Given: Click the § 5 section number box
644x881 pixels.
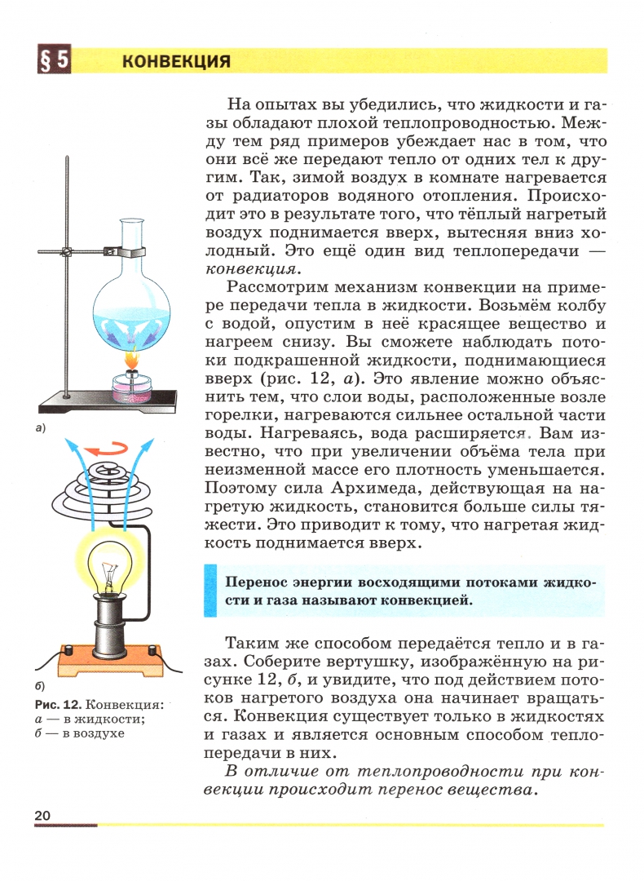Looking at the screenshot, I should click(x=52, y=62).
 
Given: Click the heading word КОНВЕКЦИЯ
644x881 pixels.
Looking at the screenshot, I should click(x=176, y=62).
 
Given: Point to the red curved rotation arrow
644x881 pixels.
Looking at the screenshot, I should click(x=108, y=448).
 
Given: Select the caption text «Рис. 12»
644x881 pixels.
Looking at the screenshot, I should click(x=55, y=704).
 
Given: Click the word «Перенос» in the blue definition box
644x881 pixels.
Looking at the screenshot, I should click(x=249, y=582).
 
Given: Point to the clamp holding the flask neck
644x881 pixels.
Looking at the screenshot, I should click(x=130, y=249).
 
